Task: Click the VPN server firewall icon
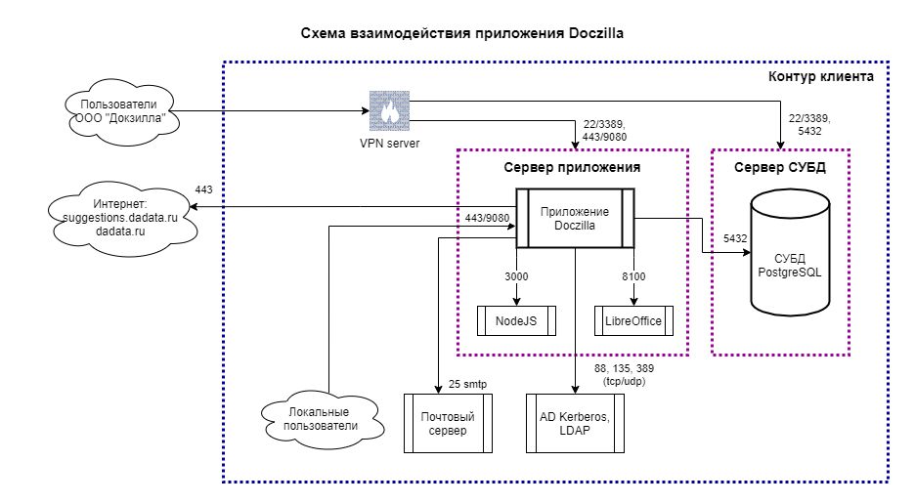(x=389, y=110)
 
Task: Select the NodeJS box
(x=516, y=320)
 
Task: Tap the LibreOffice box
(x=633, y=320)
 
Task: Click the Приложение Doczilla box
(x=575, y=218)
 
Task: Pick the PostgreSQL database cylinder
(x=790, y=252)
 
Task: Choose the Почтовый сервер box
(x=448, y=424)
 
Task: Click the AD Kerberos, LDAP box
(x=575, y=424)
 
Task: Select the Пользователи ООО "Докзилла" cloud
(x=119, y=110)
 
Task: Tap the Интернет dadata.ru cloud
(x=120, y=218)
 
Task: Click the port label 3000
(x=516, y=276)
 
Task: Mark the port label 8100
(x=633, y=276)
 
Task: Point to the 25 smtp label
(x=467, y=385)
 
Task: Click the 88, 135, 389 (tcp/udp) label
(x=625, y=375)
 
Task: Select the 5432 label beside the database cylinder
(x=735, y=238)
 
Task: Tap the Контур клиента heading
(x=821, y=76)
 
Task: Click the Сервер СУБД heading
(x=780, y=167)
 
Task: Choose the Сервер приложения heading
(x=572, y=167)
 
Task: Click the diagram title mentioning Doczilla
(x=462, y=33)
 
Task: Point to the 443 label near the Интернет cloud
(x=203, y=189)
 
